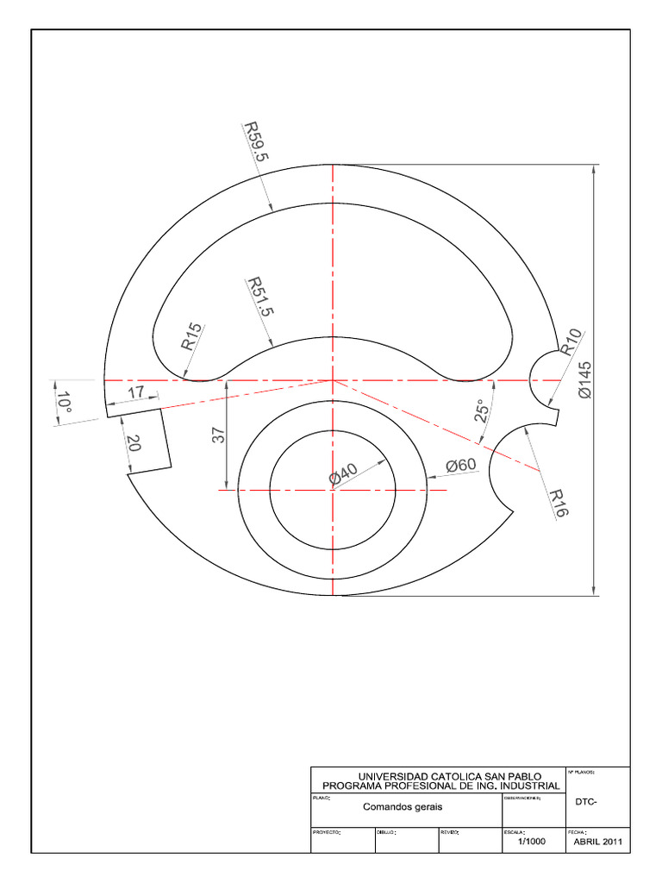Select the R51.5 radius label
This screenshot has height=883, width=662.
pyautogui.click(x=259, y=297)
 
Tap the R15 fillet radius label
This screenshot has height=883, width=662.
pyautogui.click(x=191, y=336)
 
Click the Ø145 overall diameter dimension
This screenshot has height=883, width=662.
pyautogui.click(x=586, y=379)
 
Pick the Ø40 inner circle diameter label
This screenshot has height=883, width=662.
pyautogui.click(x=343, y=475)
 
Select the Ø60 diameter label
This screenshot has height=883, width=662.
pyautogui.click(x=460, y=466)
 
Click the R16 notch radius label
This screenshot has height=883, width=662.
pyautogui.click(x=559, y=502)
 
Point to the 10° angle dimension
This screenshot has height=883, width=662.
pyautogui.click(x=62, y=402)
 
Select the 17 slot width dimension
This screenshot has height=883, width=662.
pyautogui.click(x=135, y=392)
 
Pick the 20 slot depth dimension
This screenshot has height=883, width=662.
pyautogui.click(x=133, y=443)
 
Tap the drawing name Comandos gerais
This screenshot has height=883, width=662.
pyautogui.click(x=403, y=807)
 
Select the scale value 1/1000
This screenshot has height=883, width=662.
pyautogui.click(x=531, y=842)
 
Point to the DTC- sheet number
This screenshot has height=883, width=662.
pyautogui.click(x=586, y=801)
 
